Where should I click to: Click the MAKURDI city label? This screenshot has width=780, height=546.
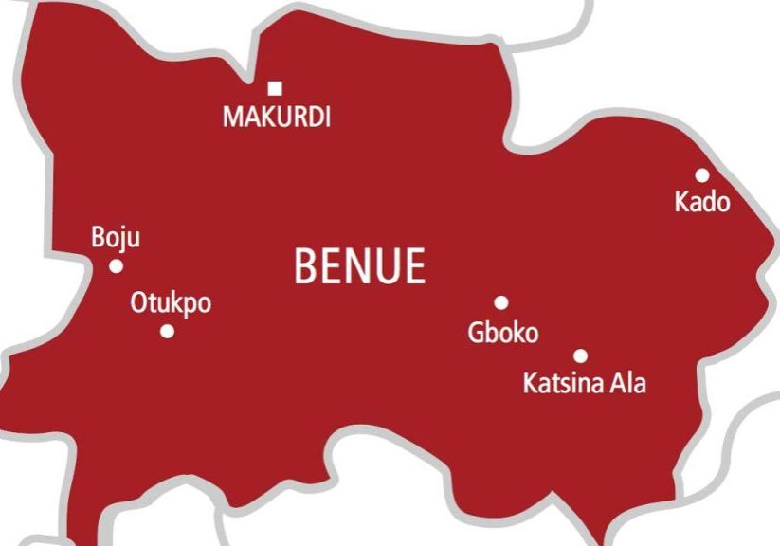[276, 118]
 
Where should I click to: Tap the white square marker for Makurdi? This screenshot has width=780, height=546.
[275, 89]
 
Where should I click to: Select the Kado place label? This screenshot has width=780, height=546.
[702, 202]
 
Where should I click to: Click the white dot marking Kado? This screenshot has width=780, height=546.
[702, 175]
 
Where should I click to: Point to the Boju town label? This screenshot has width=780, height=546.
[115, 238]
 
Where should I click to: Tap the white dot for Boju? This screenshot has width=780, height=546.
[116, 266]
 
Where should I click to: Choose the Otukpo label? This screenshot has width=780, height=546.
[171, 304]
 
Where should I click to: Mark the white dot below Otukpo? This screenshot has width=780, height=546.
[168, 332]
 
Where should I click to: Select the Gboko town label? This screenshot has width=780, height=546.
[503, 333]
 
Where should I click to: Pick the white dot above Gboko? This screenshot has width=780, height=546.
[501, 303]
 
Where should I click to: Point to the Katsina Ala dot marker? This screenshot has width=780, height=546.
[581, 356]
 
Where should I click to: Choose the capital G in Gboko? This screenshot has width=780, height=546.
[476, 333]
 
